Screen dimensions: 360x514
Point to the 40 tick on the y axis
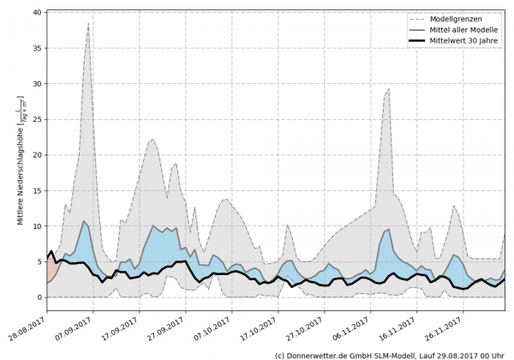tap(39, 13)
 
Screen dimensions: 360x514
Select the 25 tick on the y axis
tap(39, 119)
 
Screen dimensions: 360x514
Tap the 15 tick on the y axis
tap(39, 190)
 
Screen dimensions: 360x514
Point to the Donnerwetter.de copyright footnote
tap(389, 354)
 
